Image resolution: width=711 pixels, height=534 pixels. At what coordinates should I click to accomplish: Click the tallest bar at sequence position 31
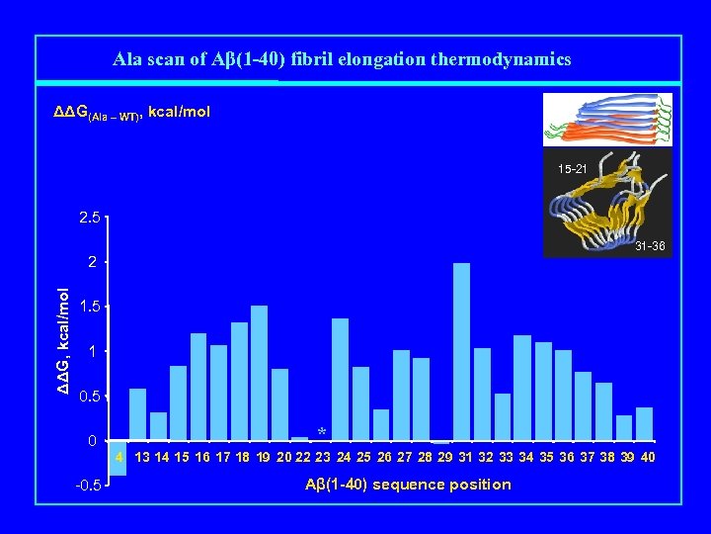[x=461, y=351]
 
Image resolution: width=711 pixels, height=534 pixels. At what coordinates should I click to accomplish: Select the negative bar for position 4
[x=118, y=459]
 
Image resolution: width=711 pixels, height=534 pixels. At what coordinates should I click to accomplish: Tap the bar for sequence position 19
[x=279, y=404]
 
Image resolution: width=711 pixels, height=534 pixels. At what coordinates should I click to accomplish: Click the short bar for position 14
[x=158, y=426]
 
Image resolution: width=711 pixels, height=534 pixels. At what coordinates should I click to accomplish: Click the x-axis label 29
[x=444, y=457]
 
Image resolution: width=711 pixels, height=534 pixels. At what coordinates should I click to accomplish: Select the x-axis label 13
[x=142, y=457]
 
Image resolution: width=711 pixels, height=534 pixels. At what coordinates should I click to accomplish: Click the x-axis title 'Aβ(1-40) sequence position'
[x=409, y=484]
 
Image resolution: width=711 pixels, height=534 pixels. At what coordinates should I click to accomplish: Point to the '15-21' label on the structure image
[x=572, y=170]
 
